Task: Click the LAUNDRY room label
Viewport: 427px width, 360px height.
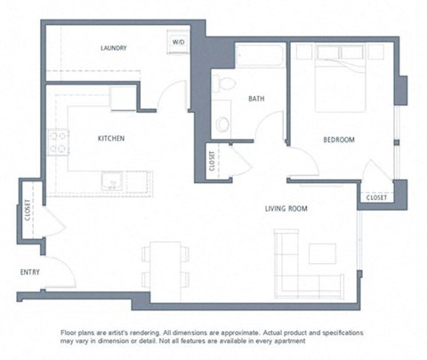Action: click(x=113, y=48)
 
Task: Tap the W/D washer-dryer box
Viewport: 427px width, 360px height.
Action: click(x=178, y=42)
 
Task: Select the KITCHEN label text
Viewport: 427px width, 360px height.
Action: click(x=110, y=139)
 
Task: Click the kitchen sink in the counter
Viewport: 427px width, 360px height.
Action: click(x=113, y=182)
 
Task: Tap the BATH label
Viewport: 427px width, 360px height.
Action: click(x=256, y=99)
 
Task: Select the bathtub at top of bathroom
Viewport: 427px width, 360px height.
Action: click(x=261, y=56)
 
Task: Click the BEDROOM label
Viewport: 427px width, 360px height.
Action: click(x=338, y=140)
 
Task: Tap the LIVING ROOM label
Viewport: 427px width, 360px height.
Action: click(x=286, y=209)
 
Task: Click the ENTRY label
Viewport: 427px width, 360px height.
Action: click(x=31, y=272)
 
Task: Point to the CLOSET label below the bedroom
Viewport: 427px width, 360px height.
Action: click(x=376, y=197)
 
